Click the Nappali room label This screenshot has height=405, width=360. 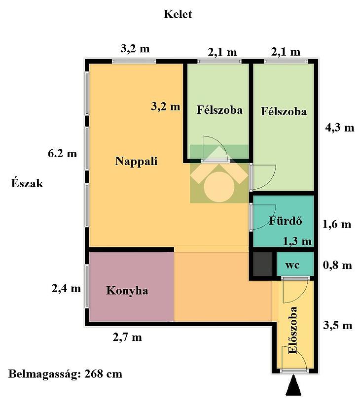136,162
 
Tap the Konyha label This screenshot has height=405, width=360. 127,291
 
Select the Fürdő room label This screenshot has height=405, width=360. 286,221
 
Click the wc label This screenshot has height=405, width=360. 292,265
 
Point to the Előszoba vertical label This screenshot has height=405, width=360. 293,330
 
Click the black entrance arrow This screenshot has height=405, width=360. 293,385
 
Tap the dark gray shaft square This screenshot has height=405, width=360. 262,264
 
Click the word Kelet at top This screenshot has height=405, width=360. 178,14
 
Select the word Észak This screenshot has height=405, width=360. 27,183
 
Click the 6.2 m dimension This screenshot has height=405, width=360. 63,154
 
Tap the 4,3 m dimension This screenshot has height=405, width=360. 340,128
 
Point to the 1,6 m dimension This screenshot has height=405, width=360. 337,224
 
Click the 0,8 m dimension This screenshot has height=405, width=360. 337,265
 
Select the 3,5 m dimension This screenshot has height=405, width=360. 338,326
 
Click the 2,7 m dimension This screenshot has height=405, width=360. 127,337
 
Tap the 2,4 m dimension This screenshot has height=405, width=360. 67,288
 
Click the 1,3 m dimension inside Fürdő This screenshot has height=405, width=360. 297,241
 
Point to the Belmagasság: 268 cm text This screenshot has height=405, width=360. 65,374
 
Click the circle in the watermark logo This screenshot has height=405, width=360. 219,187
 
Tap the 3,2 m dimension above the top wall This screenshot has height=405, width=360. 135,49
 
